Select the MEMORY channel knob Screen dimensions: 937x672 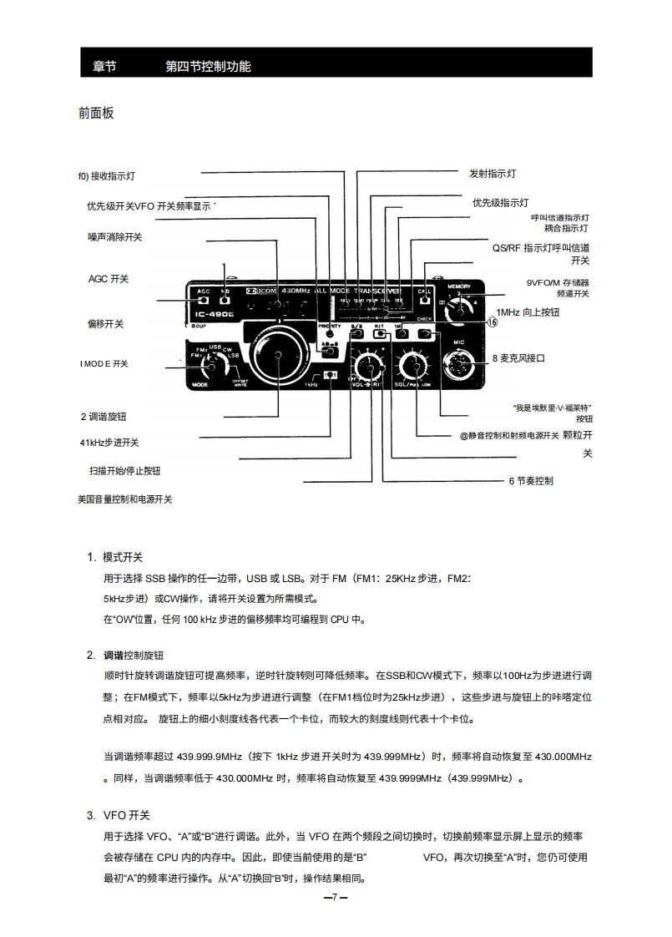click(x=458, y=312)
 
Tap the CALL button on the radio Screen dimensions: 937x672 click(x=425, y=299)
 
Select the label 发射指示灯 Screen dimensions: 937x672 click(x=493, y=174)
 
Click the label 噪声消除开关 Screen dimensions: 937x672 click(x=115, y=237)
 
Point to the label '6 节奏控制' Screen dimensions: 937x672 click(x=531, y=481)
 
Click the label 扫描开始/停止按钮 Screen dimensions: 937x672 click(x=125, y=471)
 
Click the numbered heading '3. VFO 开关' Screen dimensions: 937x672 click(x=119, y=815)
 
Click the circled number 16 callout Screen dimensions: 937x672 click(x=492, y=322)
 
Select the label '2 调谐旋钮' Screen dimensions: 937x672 click(x=104, y=416)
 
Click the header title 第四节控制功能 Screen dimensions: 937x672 click(x=209, y=66)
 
